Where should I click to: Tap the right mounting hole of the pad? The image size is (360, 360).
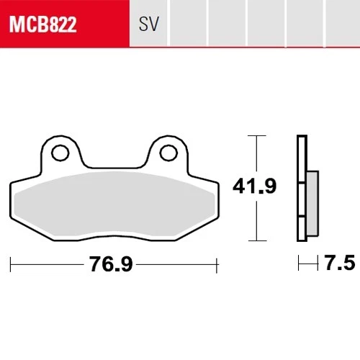168,153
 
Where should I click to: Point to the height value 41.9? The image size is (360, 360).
253,187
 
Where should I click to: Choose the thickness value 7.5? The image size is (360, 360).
339,264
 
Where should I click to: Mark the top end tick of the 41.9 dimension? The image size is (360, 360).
254,135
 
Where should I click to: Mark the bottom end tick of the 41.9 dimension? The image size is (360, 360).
254,240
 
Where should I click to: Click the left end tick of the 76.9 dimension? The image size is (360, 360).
12,265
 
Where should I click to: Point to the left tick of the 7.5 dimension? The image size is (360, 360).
299,264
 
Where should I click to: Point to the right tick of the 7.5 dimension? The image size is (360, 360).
318,264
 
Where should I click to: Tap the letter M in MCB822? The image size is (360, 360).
16,26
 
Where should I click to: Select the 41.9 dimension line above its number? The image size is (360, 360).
254,155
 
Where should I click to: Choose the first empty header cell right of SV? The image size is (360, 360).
188,26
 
